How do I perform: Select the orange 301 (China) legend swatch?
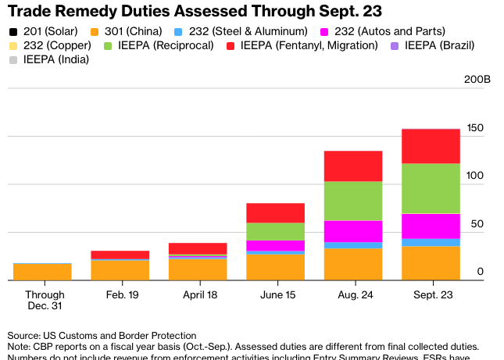click(95, 31)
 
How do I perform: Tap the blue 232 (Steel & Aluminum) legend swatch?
click(179, 31)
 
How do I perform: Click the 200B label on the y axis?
click(477, 80)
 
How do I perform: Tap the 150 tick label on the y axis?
click(475, 128)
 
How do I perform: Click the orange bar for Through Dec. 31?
click(42, 272)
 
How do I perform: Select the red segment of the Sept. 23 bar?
click(431, 146)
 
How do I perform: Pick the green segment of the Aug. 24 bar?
click(353, 201)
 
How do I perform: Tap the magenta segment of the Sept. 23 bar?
click(431, 226)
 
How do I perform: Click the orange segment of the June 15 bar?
click(275, 266)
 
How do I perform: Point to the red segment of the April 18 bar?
click(198, 248)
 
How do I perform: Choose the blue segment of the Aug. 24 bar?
click(353, 245)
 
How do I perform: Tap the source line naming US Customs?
click(102, 334)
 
